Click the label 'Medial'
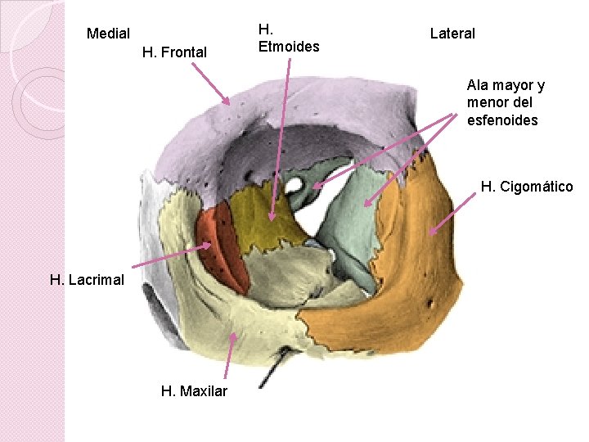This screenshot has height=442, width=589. pyautogui.click(x=108, y=34)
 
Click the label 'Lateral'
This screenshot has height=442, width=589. pyautogui.click(x=452, y=34)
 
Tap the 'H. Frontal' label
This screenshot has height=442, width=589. pyautogui.click(x=174, y=52)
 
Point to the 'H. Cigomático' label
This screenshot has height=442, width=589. pyautogui.click(x=527, y=187)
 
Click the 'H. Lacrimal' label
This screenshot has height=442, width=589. pyautogui.click(x=87, y=280)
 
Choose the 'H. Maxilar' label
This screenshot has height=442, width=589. pyautogui.click(x=194, y=391)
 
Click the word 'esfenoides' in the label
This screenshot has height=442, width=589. pyautogui.click(x=502, y=120)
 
